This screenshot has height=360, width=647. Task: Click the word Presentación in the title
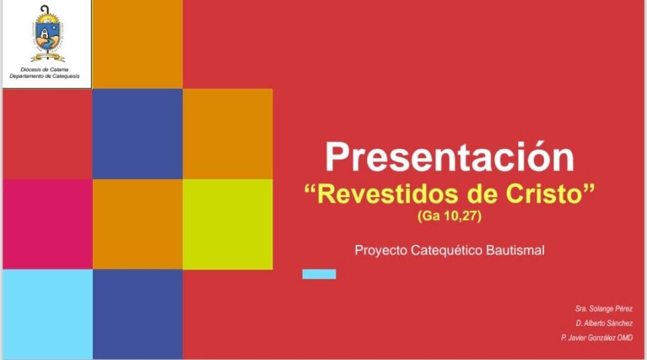[x=449, y=157]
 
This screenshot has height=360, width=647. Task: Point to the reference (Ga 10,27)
[x=449, y=215]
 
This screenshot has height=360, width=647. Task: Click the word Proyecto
[x=381, y=250]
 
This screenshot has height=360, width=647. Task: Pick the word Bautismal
[x=515, y=250]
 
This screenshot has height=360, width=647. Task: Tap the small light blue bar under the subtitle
[x=319, y=274]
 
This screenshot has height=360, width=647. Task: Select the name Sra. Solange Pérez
[x=603, y=308]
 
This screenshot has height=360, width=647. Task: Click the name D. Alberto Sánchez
[x=604, y=323]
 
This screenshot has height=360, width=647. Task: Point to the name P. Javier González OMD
[x=596, y=338]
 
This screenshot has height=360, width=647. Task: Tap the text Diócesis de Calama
[x=45, y=69]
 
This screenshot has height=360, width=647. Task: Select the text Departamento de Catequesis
[x=45, y=76]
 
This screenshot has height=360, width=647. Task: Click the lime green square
[x=227, y=224]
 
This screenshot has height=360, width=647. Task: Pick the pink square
[x=47, y=224]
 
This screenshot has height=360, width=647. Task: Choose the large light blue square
[x=47, y=315]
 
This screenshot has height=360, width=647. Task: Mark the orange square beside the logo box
[x=137, y=44]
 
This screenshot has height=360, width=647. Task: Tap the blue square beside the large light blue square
[x=137, y=315]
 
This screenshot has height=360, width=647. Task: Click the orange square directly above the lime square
[x=227, y=134]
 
